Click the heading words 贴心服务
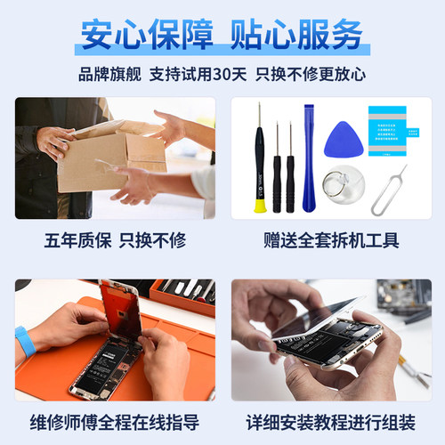(296, 35)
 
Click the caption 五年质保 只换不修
(114, 241)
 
